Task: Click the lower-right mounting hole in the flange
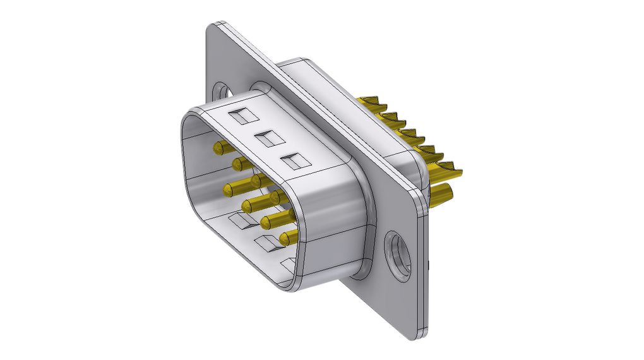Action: click(398, 255)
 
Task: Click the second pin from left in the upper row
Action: click(239, 164)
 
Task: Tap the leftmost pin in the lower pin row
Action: click(229, 188)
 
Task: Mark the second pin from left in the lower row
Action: click(247, 205)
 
